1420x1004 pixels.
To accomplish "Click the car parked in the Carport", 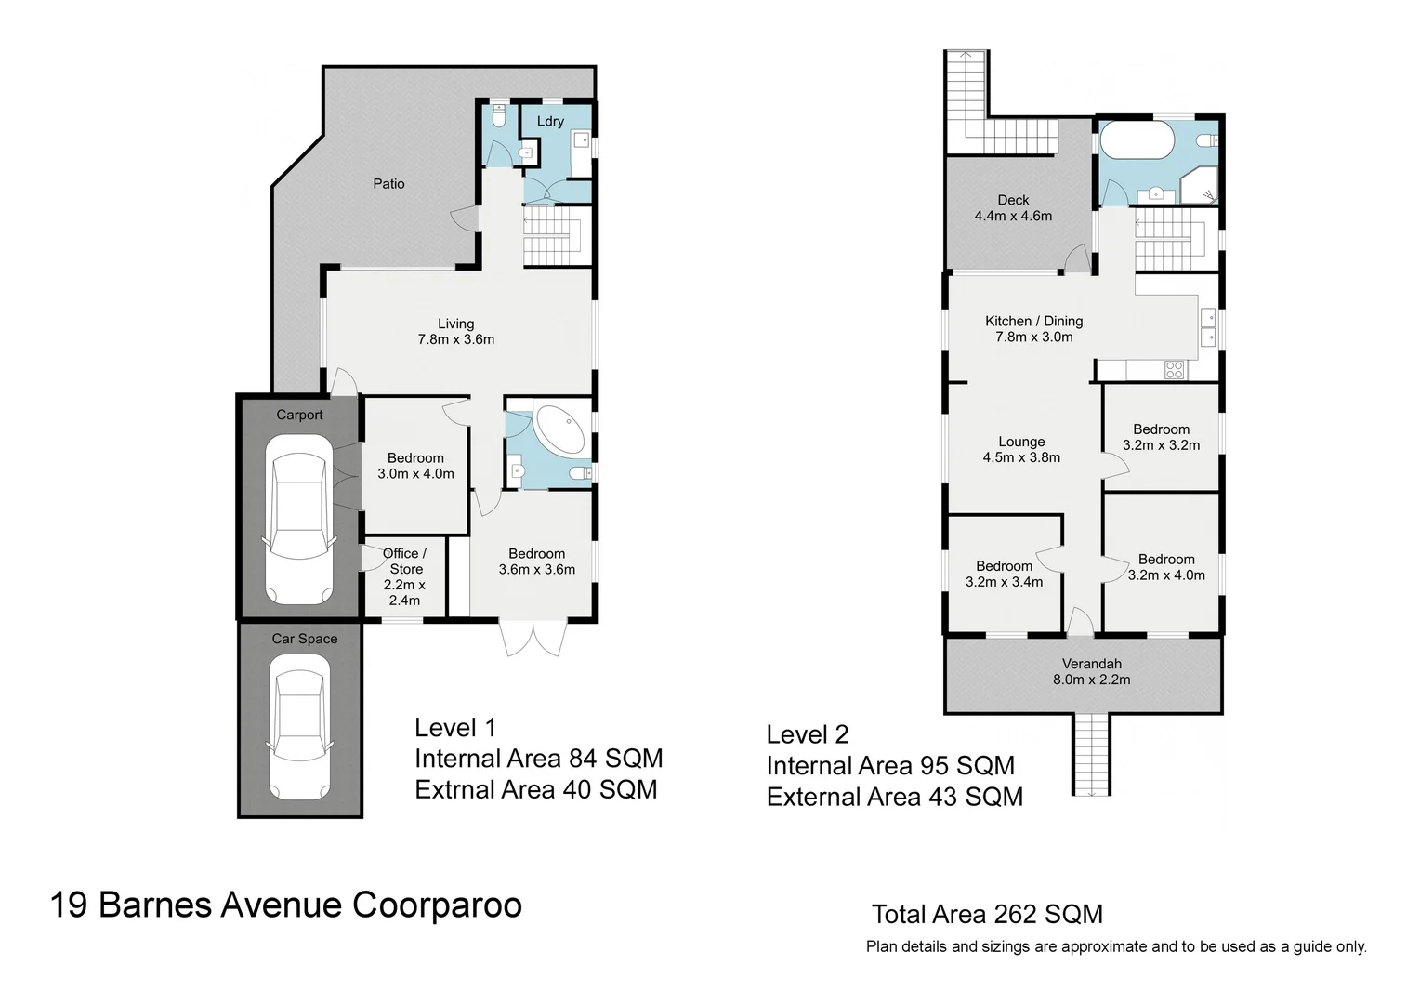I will [x=298, y=519].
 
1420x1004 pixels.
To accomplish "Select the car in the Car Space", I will [x=298, y=727].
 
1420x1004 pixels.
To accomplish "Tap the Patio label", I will [x=388, y=184].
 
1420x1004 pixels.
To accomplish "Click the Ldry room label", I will [x=550, y=121].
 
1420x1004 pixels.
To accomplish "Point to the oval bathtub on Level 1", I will [x=559, y=430].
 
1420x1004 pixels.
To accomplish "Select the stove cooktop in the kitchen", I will [x=1174, y=370].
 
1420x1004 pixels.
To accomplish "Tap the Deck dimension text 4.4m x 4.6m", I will [x=1013, y=216].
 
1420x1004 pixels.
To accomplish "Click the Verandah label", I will [x=1091, y=664].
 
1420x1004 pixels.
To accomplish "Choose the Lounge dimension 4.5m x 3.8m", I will [x=1021, y=457].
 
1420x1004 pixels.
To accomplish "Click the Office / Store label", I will [x=404, y=561].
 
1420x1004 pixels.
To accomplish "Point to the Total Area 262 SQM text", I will [x=987, y=915].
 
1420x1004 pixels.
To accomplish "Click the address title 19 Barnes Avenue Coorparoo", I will [x=286, y=905].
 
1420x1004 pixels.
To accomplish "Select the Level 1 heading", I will [x=456, y=728].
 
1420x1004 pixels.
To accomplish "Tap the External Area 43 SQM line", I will [x=894, y=797].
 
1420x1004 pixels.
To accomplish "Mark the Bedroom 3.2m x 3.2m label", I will [x=1161, y=437].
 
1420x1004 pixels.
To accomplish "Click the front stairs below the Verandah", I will [x=1091, y=754].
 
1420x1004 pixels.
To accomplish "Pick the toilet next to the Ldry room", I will [x=498, y=117].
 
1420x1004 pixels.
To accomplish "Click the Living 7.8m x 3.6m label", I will [x=455, y=332].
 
